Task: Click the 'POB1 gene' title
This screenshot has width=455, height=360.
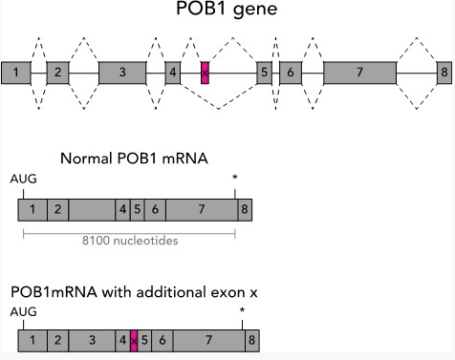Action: click(x=227, y=12)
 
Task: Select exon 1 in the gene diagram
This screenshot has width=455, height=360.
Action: click(x=15, y=72)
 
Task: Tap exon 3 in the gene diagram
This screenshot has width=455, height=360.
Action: click(x=121, y=72)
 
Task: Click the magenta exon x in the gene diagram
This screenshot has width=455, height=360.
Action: click(x=205, y=72)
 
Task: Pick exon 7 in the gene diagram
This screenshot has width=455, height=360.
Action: click(x=358, y=72)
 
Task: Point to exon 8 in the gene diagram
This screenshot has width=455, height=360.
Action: click(x=444, y=72)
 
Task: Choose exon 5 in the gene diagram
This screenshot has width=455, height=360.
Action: click(x=264, y=72)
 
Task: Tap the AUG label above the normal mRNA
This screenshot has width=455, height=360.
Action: click(x=21, y=178)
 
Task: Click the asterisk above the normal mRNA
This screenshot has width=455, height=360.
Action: click(x=235, y=179)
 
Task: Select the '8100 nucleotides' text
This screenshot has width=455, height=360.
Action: click(x=128, y=240)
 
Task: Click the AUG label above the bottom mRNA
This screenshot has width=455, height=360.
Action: click(x=21, y=310)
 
